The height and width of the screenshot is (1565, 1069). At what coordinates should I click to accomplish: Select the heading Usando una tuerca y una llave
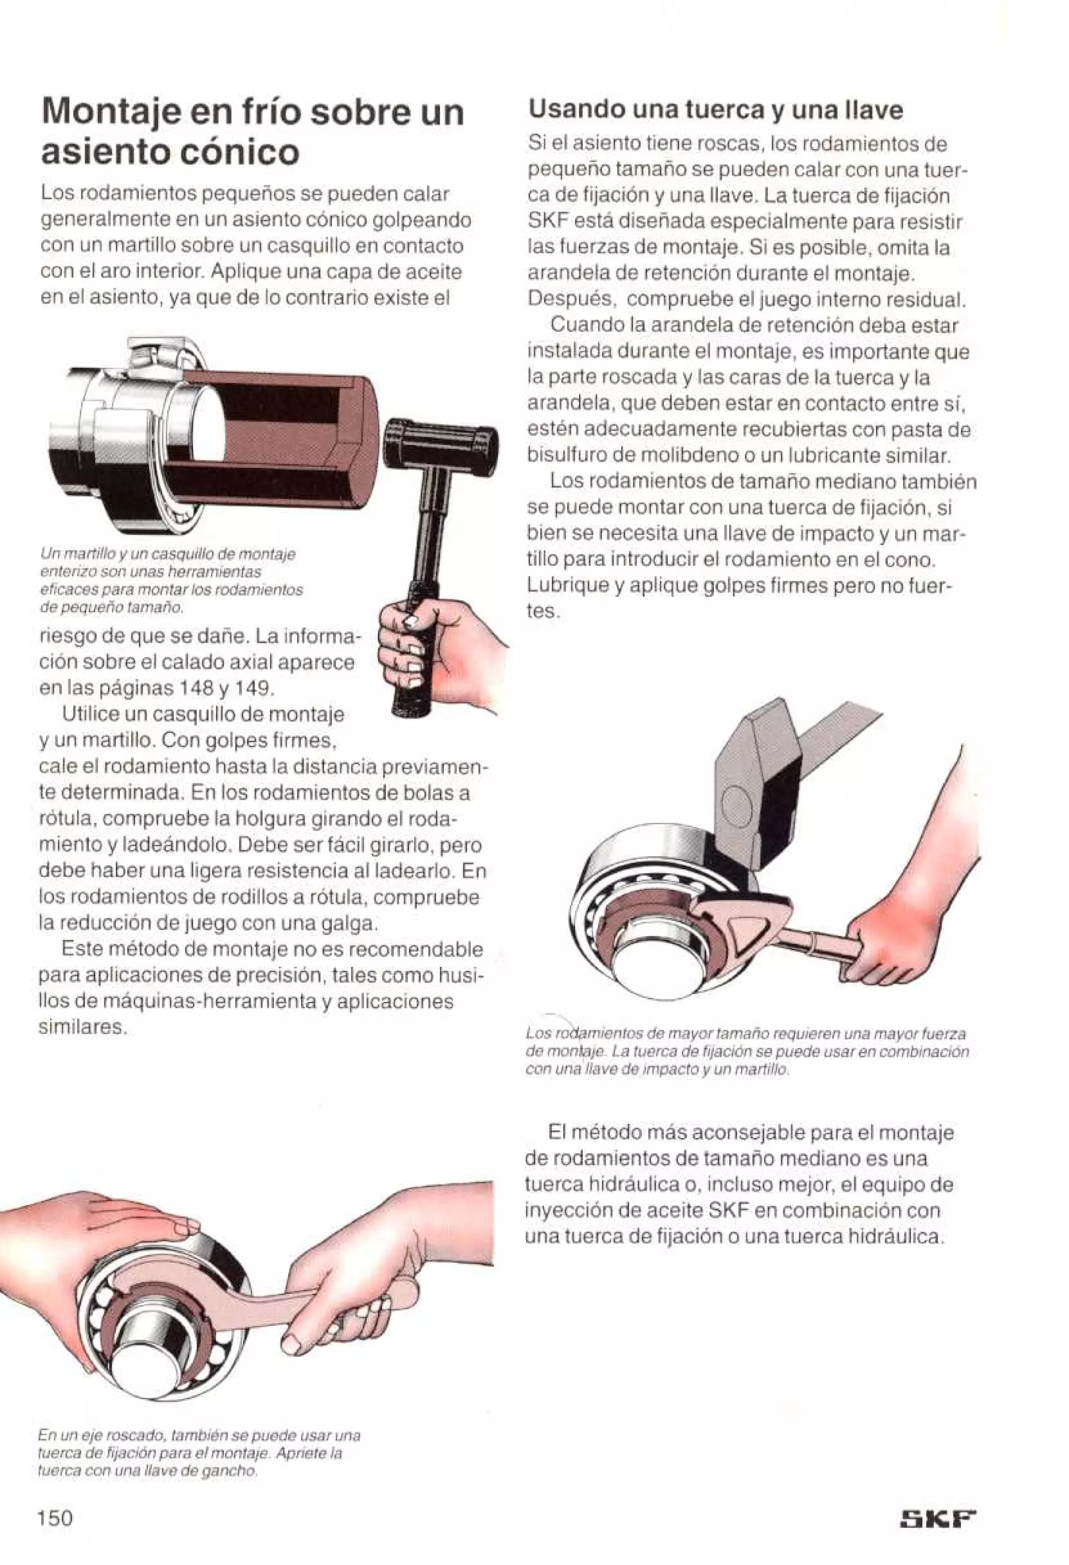coord(715,109)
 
